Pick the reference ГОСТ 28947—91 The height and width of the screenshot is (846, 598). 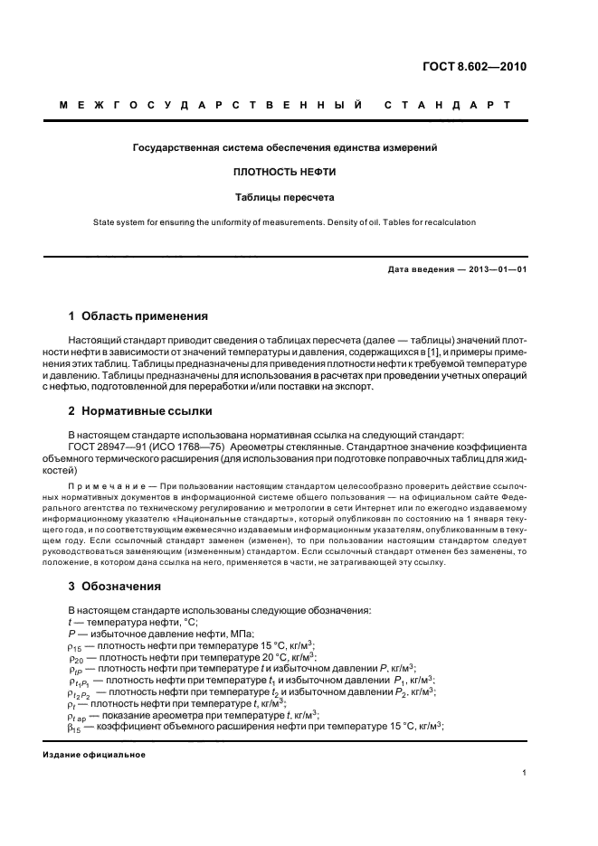tap(107, 446)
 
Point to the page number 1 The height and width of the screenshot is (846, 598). tap(525, 773)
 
